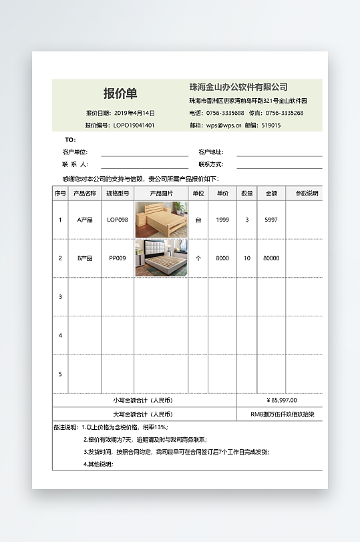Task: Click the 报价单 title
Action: (120, 93)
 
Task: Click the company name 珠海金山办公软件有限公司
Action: (238, 87)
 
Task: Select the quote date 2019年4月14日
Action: (134, 113)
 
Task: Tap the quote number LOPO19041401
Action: (134, 125)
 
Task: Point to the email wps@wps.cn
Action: (224, 125)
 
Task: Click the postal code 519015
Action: (271, 125)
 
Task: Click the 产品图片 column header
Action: (161, 194)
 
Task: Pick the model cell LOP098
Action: (118, 220)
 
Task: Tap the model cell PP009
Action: (118, 258)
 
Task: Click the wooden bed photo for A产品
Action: (162, 220)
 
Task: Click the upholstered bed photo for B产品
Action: (162, 258)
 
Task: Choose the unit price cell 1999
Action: (222, 220)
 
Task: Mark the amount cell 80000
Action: (271, 258)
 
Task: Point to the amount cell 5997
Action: (271, 220)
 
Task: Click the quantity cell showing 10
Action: (246, 258)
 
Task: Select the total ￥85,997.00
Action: (281, 400)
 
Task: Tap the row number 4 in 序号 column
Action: (60, 335)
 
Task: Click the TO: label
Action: (70, 140)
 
